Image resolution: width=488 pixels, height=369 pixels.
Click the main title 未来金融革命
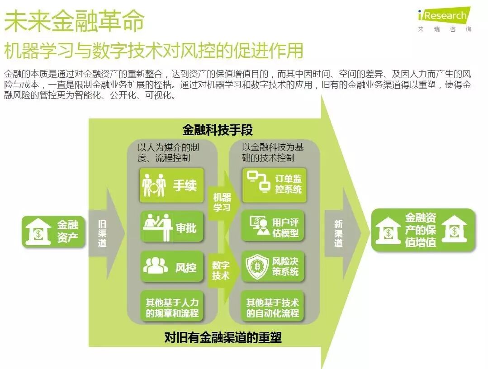click(x=74, y=20)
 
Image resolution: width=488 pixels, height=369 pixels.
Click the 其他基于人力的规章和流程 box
click(x=172, y=307)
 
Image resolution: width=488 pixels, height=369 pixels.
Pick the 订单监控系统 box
click(x=274, y=184)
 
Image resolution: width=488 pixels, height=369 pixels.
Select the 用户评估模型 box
click(x=274, y=227)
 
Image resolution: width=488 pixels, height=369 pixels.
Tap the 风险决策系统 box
click(x=274, y=267)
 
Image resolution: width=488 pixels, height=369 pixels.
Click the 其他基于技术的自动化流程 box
click(x=274, y=307)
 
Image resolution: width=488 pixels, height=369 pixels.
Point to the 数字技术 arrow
click(x=221, y=270)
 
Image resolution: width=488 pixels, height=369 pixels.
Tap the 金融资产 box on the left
click(x=53, y=232)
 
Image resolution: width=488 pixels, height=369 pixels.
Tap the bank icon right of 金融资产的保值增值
click(x=455, y=230)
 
